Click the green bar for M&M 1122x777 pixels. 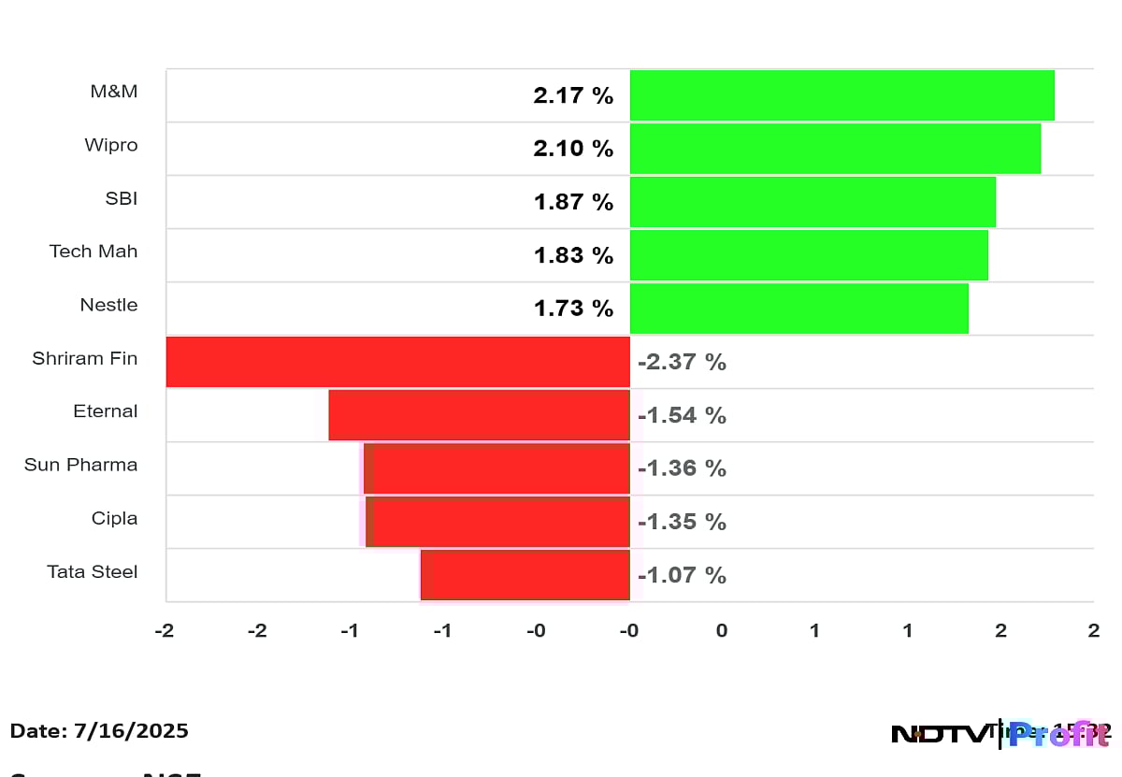(841, 95)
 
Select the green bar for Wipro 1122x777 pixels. (835, 149)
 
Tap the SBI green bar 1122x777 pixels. (813, 202)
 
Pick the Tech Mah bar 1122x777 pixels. (809, 255)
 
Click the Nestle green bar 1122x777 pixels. (798, 309)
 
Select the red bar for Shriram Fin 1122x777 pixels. (397, 362)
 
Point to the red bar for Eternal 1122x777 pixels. (479, 415)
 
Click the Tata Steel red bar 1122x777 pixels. (525, 575)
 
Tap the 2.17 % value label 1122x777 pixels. (573, 95)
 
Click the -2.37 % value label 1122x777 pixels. (682, 362)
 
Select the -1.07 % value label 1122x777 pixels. (682, 575)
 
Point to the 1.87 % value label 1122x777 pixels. (573, 202)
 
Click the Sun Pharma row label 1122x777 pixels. (80, 465)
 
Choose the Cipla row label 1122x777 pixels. (114, 518)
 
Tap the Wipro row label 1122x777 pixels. (110, 145)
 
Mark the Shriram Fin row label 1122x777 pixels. (84, 358)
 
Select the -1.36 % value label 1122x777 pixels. (682, 468)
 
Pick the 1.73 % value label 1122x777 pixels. (573, 309)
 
